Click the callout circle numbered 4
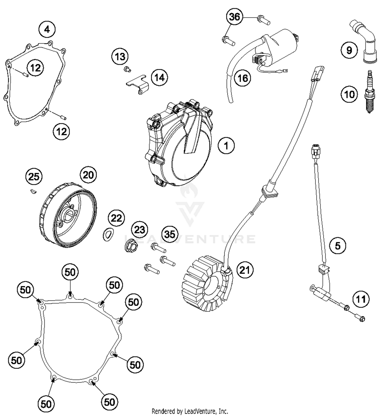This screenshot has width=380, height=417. point(47,30)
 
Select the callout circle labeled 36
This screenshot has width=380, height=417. point(234,17)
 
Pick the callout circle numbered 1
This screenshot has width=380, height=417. point(226,146)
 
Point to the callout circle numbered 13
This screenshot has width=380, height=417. point(120,56)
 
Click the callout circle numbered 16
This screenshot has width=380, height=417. point(243,78)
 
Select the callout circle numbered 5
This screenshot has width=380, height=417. point(338,246)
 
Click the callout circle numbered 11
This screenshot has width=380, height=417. point(361,299)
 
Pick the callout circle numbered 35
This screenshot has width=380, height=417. point(170,234)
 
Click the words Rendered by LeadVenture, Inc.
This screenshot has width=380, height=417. point(190,411)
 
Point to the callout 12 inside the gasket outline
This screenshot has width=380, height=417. point(35,68)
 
